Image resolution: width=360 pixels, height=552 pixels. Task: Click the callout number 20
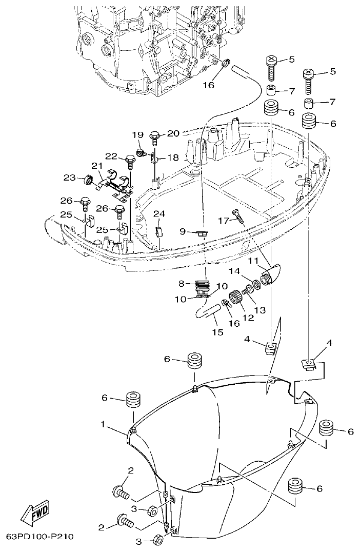(x=173, y=133)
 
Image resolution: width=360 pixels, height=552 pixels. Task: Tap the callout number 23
(x=69, y=178)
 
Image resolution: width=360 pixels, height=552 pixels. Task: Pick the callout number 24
(x=159, y=213)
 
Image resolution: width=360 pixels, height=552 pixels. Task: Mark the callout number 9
(x=182, y=231)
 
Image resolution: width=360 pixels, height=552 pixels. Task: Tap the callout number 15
(x=218, y=332)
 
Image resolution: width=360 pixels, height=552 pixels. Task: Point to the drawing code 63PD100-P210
(x=40, y=537)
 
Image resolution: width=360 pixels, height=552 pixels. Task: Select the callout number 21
(x=97, y=165)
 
